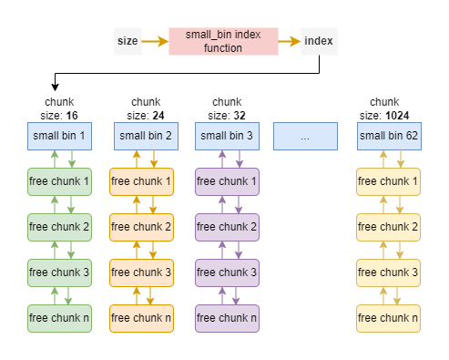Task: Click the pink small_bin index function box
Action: point(222,41)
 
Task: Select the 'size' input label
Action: point(128,41)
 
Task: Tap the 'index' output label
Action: point(319,41)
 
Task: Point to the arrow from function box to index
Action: point(289,41)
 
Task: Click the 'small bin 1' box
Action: point(59,137)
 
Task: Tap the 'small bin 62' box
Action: point(390,137)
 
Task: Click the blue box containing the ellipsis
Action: point(305,137)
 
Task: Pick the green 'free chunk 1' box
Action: point(59,181)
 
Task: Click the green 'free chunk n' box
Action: point(59,318)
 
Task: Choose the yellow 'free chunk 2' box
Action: point(390,226)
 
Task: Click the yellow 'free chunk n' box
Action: point(390,318)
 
